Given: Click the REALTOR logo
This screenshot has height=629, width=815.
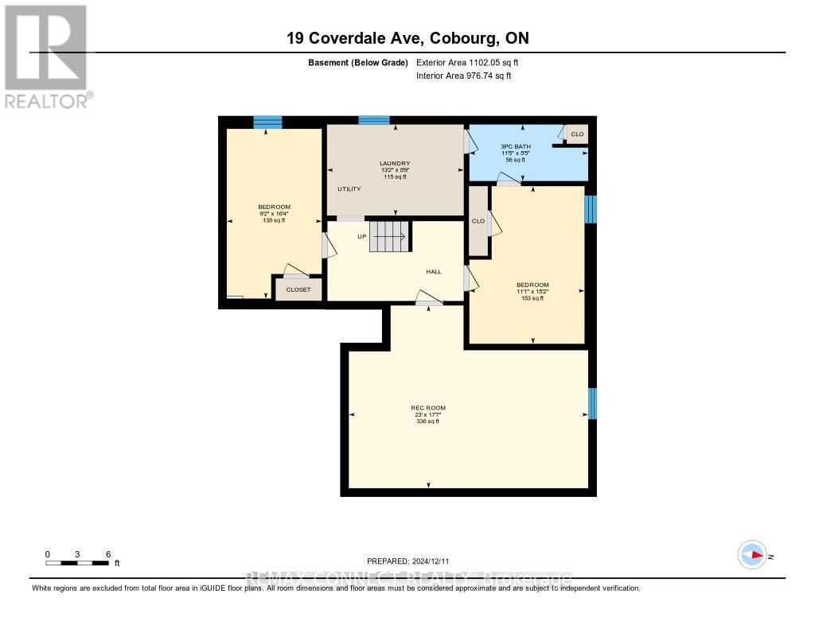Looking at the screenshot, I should [x=46, y=56].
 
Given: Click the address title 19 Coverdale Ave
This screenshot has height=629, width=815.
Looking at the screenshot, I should [x=407, y=37].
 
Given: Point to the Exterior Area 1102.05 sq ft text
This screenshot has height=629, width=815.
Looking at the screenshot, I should [x=468, y=63].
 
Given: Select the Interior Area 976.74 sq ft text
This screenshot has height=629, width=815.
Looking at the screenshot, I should [x=464, y=76].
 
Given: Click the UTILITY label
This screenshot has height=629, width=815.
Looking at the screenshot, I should [x=349, y=189].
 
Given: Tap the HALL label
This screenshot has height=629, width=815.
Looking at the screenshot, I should [x=434, y=272].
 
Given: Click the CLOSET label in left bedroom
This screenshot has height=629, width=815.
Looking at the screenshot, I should [x=298, y=289].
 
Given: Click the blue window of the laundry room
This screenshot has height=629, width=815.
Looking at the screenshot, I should [x=373, y=120].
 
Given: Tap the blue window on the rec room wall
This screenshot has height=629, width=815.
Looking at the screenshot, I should [x=591, y=403].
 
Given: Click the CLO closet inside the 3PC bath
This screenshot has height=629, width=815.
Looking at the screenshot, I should [x=576, y=134].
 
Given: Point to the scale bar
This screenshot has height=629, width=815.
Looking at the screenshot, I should [x=77, y=563].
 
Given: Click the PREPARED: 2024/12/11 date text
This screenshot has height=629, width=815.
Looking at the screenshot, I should [x=413, y=561].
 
